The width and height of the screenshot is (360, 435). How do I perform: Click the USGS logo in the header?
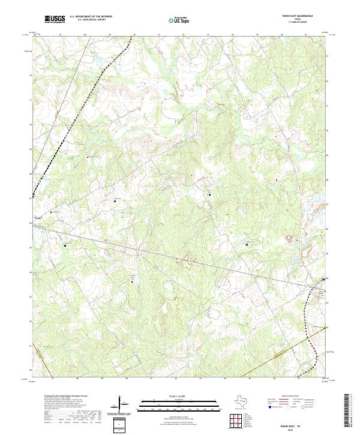55,19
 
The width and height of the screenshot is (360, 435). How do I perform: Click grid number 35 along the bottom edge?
249,379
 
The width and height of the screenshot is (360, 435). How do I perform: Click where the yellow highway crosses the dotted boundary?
314,361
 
